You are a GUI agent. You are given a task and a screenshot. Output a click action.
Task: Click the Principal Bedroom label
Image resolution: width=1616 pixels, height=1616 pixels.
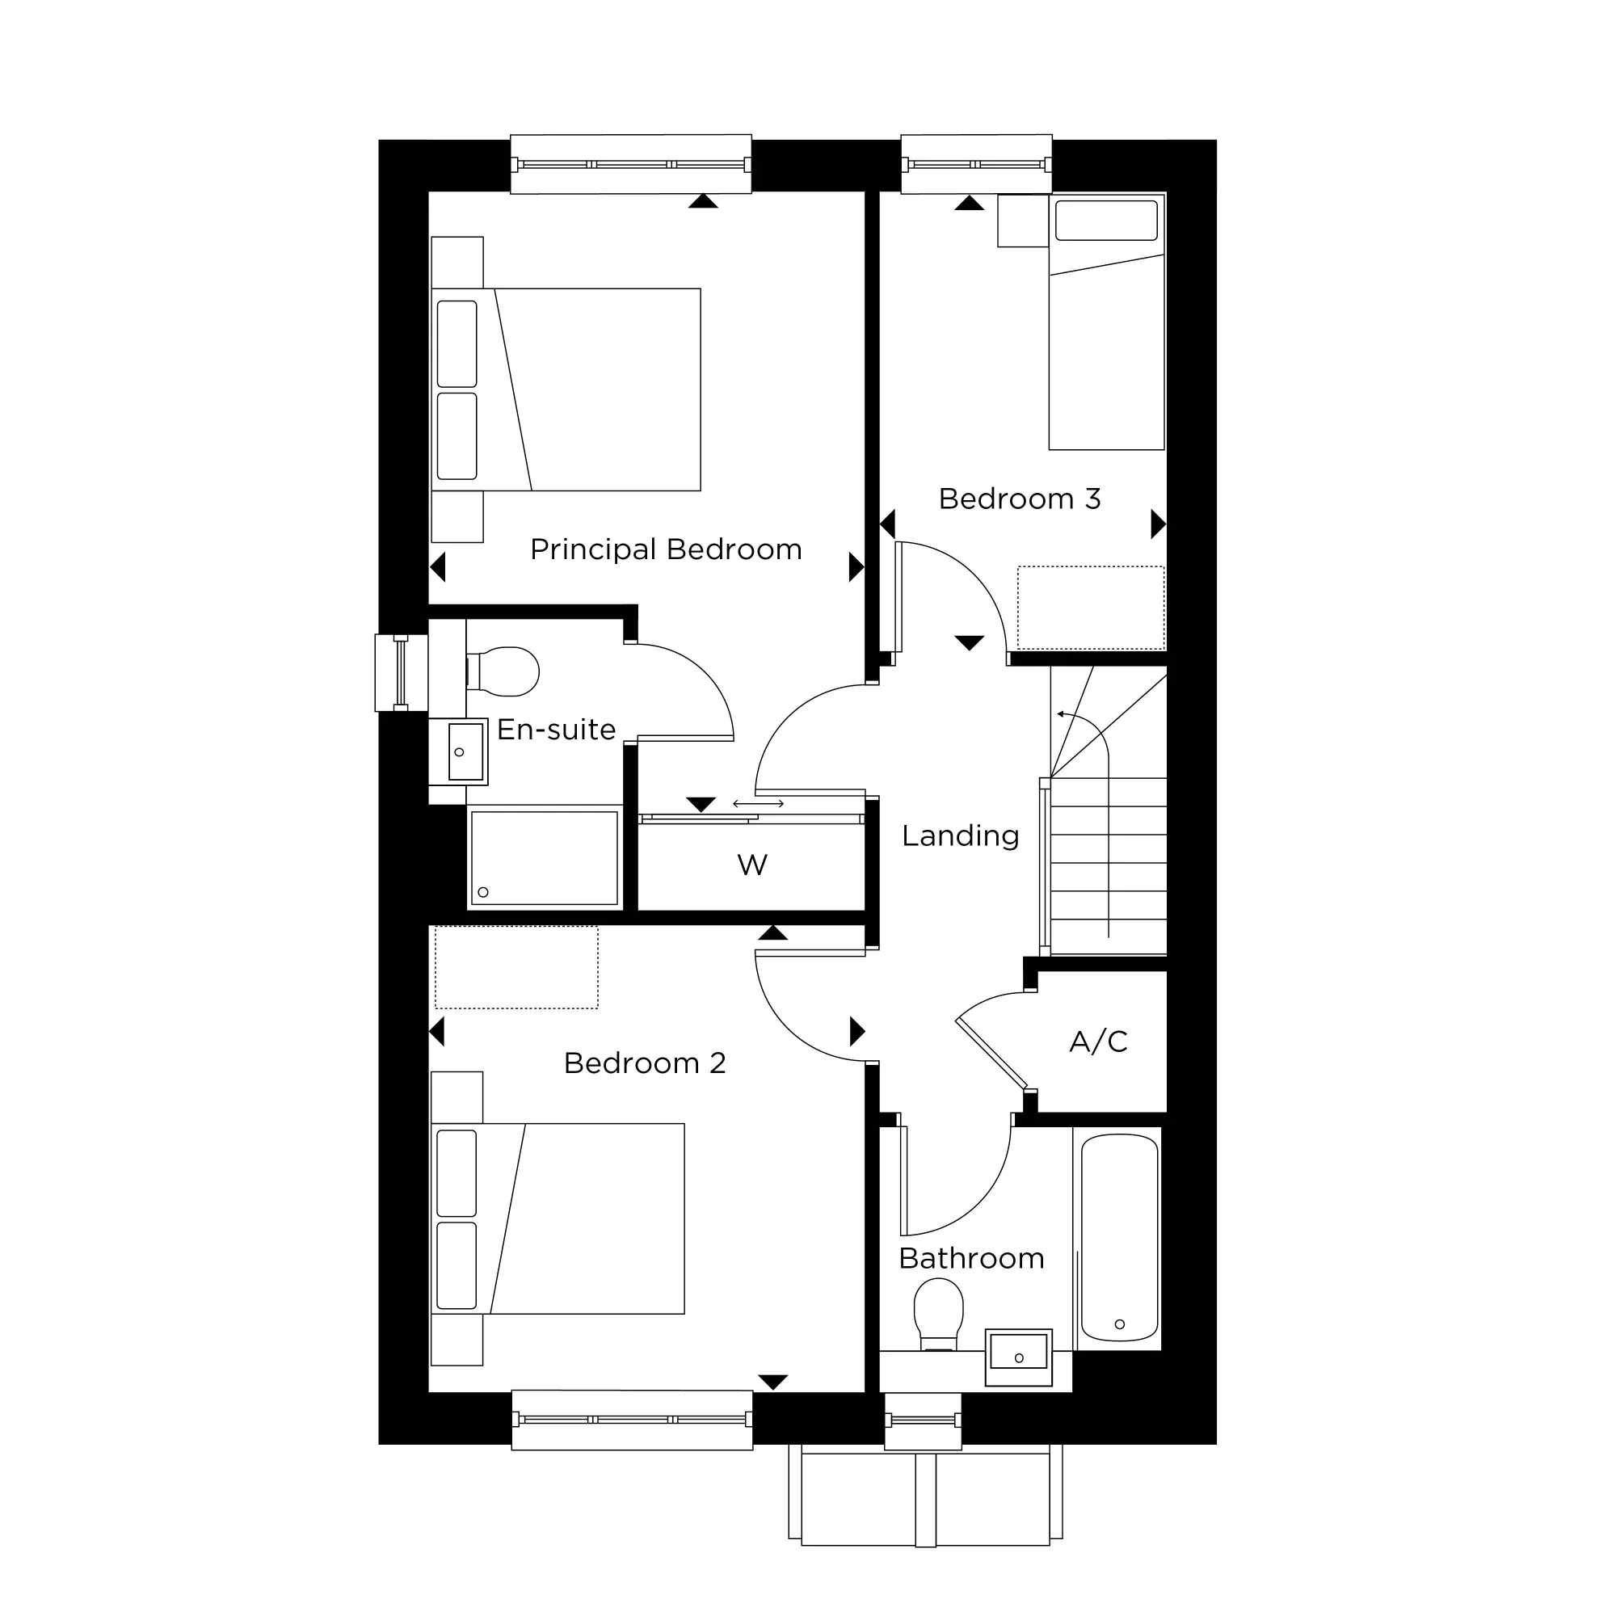click(666, 549)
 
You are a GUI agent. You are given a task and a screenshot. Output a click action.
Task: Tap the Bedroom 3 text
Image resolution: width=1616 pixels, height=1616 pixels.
click(1019, 499)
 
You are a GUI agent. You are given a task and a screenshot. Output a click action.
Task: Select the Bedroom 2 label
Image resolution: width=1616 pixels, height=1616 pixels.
click(644, 1063)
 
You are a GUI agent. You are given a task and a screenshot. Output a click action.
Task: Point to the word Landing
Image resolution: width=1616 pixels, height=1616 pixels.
click(960, 835)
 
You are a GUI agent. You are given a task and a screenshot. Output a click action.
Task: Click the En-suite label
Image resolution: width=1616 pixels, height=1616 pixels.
click(556, 730)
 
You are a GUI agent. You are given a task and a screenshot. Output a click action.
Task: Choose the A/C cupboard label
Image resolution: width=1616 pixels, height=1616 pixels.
click(1098, 1042)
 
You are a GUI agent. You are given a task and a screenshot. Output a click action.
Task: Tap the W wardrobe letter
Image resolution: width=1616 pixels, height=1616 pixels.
click(752, 865)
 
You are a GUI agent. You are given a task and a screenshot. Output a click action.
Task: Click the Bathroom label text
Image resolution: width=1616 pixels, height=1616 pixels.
click(971, 1258)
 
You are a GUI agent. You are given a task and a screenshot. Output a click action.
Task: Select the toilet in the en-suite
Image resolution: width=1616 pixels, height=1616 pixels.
click(506, 671)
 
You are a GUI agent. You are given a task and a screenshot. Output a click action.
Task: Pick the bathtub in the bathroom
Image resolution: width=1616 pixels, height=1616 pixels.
click(1119, 1238)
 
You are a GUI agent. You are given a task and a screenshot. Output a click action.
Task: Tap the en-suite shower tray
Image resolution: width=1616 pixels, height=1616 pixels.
click(544, 857)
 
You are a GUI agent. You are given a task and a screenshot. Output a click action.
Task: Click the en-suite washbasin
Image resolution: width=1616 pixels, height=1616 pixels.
click(465, 751)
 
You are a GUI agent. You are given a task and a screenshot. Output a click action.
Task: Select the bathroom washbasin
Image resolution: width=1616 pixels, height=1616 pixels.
click(1018, 1357)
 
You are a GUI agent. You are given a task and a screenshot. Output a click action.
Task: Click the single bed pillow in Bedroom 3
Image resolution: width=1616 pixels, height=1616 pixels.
click(1106, 221)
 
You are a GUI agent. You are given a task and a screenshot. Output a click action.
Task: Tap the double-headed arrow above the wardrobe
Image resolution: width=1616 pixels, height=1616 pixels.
click(758, 804)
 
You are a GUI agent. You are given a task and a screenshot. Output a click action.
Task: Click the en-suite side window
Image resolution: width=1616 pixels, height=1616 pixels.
click(401, 672)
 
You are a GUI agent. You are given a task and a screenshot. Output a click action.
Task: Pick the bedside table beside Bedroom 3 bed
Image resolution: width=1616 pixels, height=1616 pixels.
click(1023, 221)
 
